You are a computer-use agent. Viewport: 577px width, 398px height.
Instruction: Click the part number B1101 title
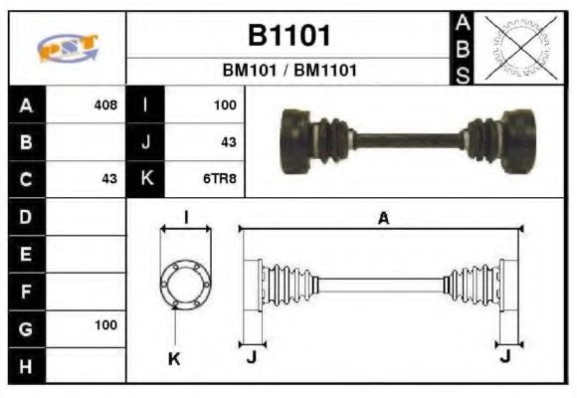click(288, 36)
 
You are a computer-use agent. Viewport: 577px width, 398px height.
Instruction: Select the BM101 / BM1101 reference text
click(288, 72)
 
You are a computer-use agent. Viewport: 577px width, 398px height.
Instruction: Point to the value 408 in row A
click(104, 104)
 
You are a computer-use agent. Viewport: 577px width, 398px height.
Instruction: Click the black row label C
click(25, 179)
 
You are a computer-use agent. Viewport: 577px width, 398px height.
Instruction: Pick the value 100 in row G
click(104, 325)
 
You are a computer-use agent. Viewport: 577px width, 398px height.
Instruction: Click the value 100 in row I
click(224, 104)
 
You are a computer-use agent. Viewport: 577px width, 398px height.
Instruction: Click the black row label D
click(25, 216)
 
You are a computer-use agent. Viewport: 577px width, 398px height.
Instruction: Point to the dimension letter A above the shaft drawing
click(382, 218)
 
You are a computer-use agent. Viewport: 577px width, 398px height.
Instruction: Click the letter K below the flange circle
click(175, 358)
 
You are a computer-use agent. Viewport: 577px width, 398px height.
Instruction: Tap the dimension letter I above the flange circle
click(186, 217)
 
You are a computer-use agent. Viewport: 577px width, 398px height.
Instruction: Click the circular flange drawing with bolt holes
click(186, 283)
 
